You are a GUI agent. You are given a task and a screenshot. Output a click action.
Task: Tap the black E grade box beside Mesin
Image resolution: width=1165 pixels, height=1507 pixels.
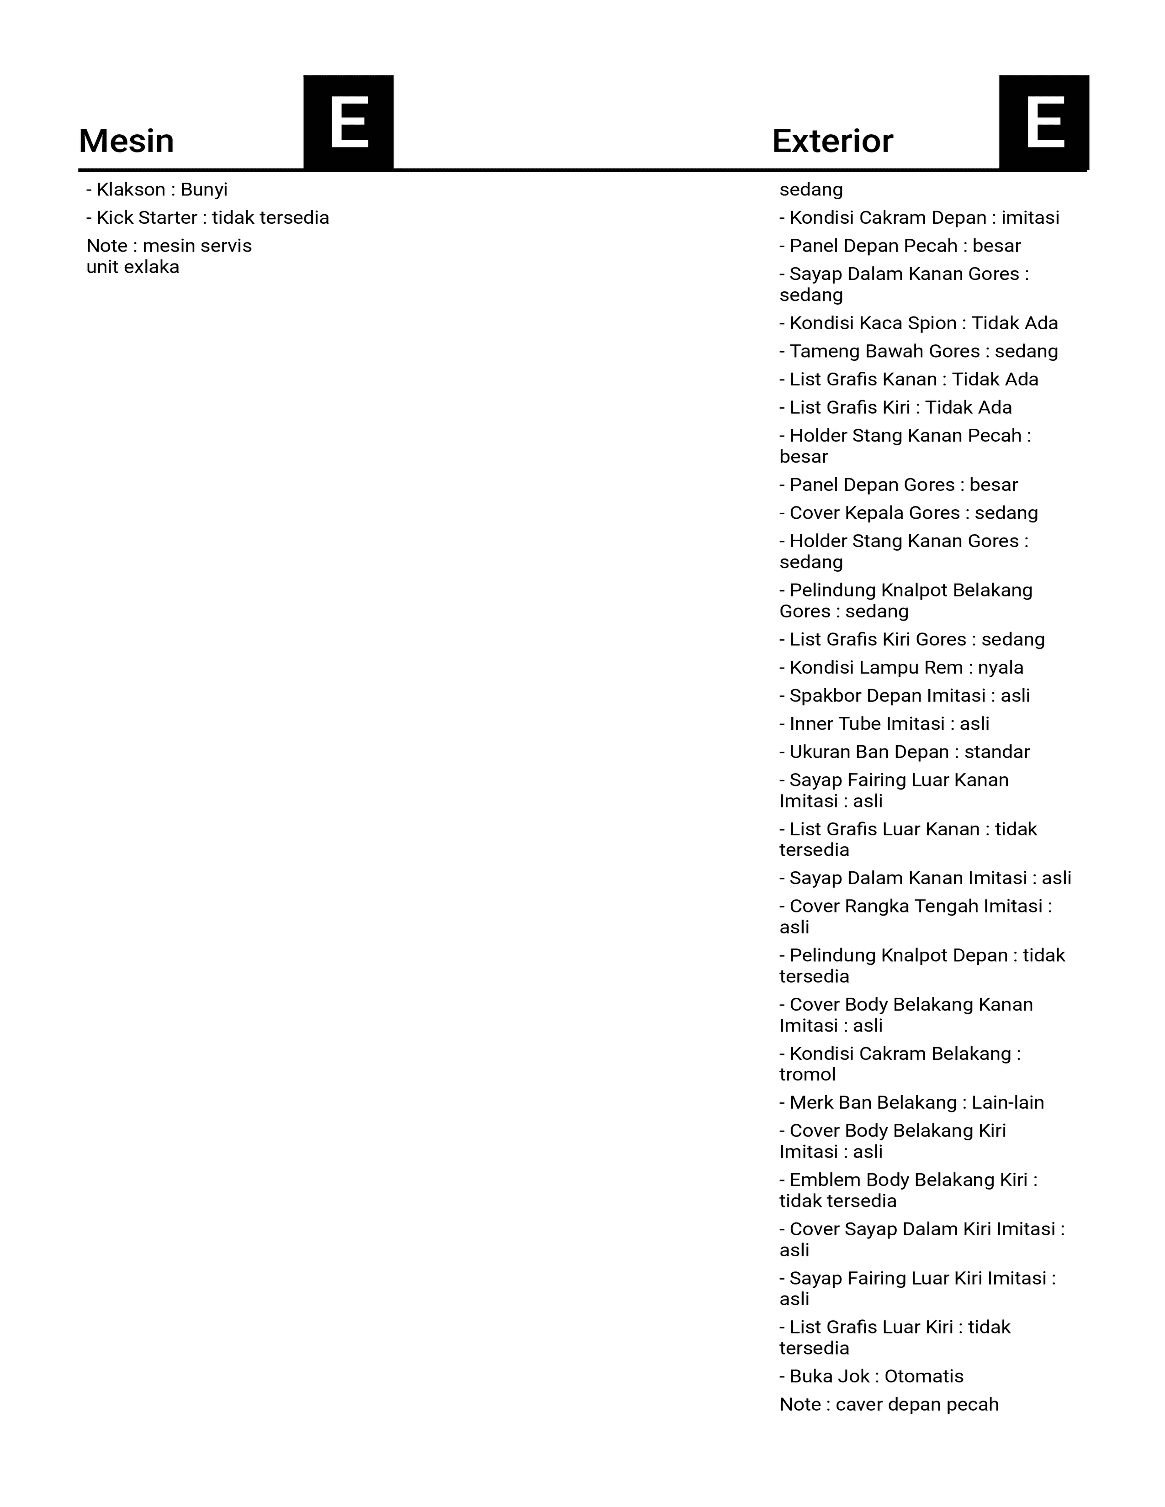(349, 122)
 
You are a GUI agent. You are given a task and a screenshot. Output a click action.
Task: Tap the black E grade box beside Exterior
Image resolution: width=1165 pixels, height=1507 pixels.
(1044, 122)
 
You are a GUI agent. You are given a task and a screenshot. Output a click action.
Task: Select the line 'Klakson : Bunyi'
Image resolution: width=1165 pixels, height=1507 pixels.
(157, 190)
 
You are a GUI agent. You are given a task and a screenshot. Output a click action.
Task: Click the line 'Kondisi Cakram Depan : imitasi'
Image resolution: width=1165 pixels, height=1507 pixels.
(919, 218)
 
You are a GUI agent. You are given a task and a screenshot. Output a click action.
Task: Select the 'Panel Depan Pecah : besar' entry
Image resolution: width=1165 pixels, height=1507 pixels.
(900, 246)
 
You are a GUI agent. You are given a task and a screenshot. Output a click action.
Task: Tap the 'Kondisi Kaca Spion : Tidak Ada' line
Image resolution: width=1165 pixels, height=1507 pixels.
(919, 324)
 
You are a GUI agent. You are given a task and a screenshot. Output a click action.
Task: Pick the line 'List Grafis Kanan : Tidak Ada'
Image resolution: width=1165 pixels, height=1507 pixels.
(909, 379)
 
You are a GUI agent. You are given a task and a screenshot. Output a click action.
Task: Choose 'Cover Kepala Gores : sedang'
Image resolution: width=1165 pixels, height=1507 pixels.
(909, 513)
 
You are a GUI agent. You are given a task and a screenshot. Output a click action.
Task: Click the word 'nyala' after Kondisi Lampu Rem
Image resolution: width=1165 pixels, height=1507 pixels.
(1000, 668)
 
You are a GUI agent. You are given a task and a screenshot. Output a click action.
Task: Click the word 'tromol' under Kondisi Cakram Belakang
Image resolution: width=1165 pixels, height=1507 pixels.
(807, 1075)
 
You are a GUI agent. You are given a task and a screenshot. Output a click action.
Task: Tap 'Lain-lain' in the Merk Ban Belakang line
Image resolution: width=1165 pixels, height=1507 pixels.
(1008, 1103)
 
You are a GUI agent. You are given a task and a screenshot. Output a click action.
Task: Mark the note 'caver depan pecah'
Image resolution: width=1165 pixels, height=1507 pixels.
(917, 1405)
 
